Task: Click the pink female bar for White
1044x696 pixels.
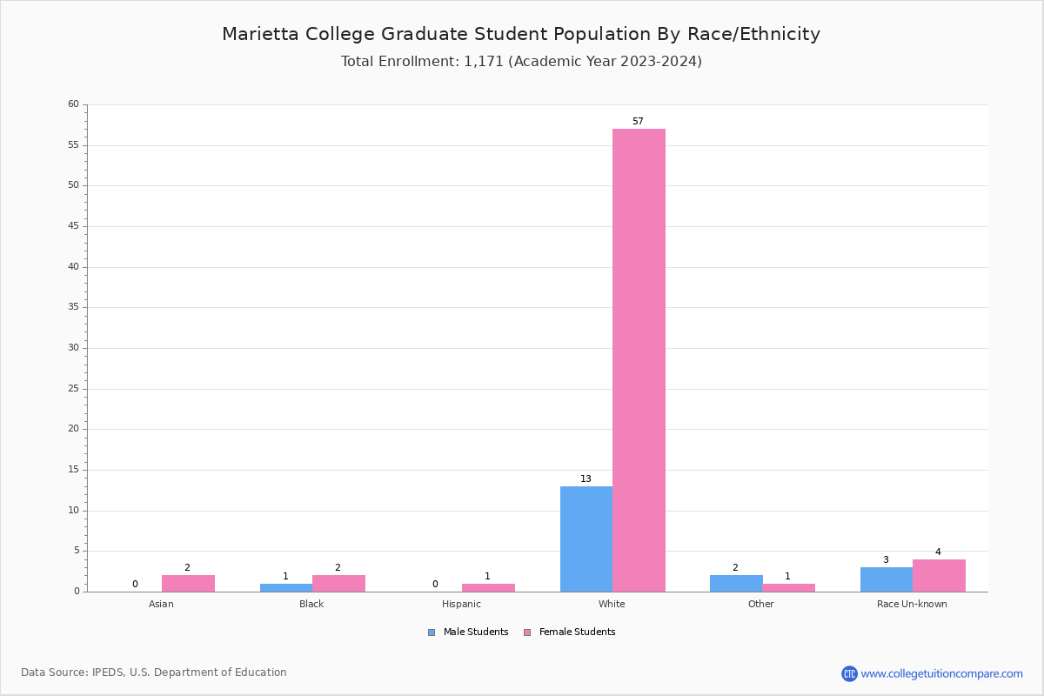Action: pyautogui.click(x=639, y=360)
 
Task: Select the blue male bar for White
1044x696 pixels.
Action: pyautogui.click(x=586, y=539)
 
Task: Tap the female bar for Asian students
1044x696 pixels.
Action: pyautogui.click(x=188, y=583)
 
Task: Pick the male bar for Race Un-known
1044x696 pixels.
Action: pyautogui.click(x=887, y=579)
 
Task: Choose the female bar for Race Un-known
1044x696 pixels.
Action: pyautogui.click(x=939, y=575)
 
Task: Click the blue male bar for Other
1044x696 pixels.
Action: pyautogui.click(x=736, y=583)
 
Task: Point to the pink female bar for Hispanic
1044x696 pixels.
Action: pyautogui.click(x=488, y=587)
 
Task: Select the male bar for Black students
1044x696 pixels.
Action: pyautogui.click(x=286, y=587)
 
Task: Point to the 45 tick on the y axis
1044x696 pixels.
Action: pyautogui.click(x=73, y=226)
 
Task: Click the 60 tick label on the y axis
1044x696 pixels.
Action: pyautogui.click(x=73, y=104)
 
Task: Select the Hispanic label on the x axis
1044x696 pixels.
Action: pyautogui.click(x=461, y=604)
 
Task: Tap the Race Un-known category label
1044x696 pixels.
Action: pyautogui.click(x=912, y=604)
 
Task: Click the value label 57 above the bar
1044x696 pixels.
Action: pyautogui.click(x=638, y=122)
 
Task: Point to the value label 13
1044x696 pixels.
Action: pyautogui.click(x=586, y=479)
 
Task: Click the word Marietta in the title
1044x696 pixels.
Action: pyautogui.click(x=262, y=34)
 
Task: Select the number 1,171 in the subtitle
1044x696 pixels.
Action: pyautogui.click(x=484, y=62)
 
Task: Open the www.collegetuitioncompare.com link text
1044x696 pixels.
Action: pyautogui.click(x=941, y=673)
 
